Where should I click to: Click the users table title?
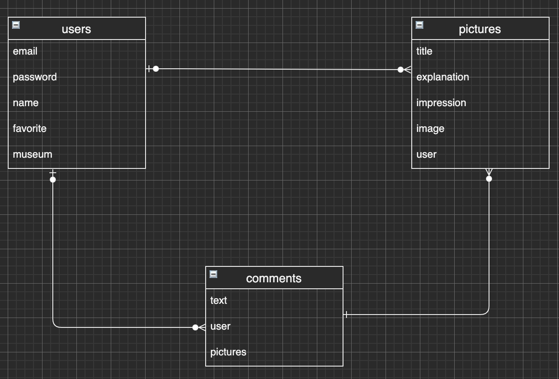(x=76, y=29)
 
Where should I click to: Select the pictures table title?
(x=480, y=29)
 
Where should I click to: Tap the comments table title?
(x=273, y=278)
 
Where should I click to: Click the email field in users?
(x=25, y=51)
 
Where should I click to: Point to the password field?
(x=35, y=77)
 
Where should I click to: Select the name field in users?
(x=26, y=103)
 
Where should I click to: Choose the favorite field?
(x=30, y=128)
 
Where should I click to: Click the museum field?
(x=33, y=154)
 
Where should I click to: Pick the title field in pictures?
(x=424, y=51)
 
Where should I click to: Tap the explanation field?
(x=443, y=77)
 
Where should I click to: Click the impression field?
(x=441, y=103)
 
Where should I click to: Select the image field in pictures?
(x=430, y=128)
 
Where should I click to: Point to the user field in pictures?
(x=426, y=154)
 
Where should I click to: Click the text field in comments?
(x=219, y=300)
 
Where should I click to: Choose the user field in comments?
(x=220, y=326)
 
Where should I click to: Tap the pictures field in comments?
(x=228, y=352)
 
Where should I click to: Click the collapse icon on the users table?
(x=16, y=25)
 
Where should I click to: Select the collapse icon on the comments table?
(x=213, y=274)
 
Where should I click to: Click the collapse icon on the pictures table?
(x=419, y=25)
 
